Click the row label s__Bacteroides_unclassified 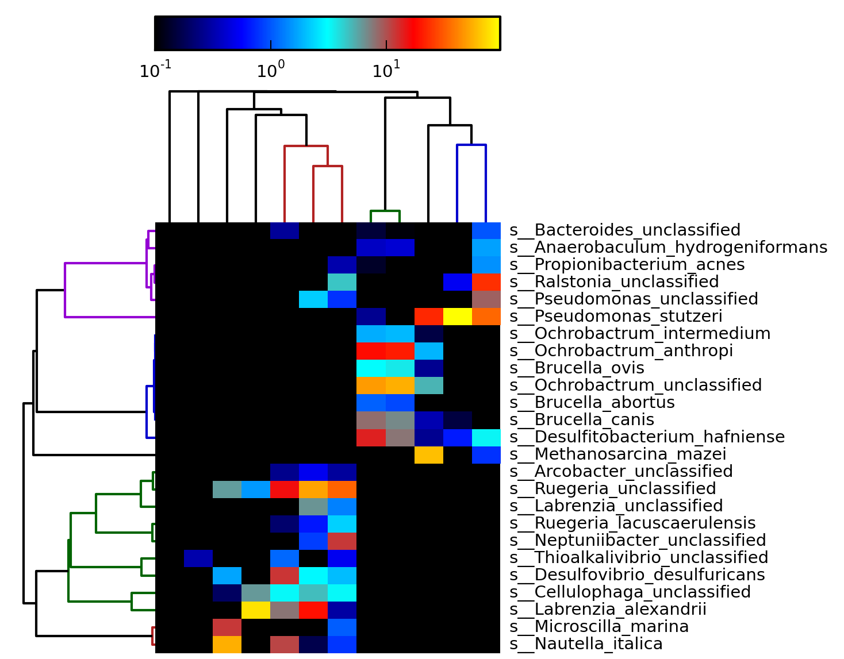pos(624,230)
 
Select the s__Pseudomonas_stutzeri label pos(616,317)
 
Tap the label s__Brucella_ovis pos(577,368)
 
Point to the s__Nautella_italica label pos(586,644)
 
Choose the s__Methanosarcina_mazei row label pos(617,454)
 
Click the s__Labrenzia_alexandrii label pos(608,610)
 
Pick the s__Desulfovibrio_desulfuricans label pos(637,575)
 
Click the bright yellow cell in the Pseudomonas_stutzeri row pos(458,317)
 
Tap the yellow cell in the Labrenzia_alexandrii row pos(256,610)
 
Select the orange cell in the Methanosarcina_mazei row pos(429,454)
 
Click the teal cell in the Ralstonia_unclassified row pos(342,282)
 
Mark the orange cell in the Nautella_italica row pos(227,644)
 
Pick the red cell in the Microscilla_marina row pos(227,627)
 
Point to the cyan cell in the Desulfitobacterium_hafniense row pos(486,437)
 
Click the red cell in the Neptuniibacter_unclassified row pos(342,541)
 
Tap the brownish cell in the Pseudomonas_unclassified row pos(486,299)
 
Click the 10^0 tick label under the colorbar pos(271,70)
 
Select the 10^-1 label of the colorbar pos(155,70)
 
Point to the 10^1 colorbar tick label pos(386,70)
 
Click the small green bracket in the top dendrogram pos(385,211)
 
